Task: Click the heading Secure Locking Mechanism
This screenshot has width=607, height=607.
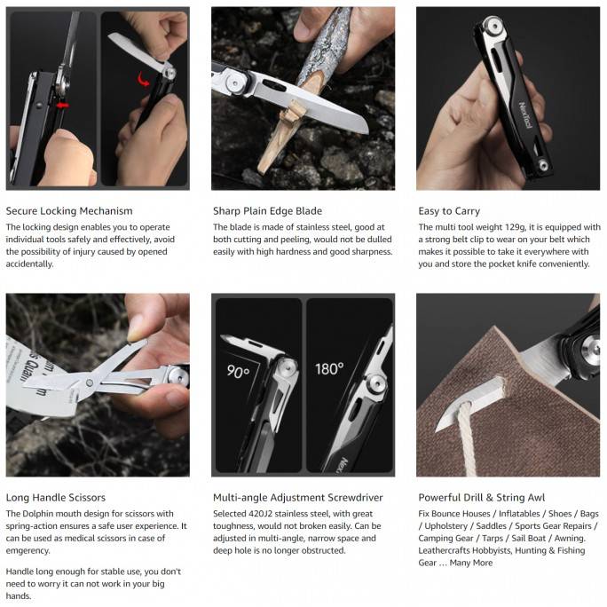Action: pyautogui.click(x=69, y=211)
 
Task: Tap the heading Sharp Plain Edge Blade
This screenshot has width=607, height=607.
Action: pyautogui.click(x=267, y=211)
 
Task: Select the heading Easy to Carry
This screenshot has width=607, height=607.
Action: pyautogui.click(x=449, y=211)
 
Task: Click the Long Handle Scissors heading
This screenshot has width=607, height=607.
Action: pyautogui.click(x=56, y=498)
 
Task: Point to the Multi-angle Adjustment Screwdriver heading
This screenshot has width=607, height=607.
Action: pyautogui.click(x=297, y=498)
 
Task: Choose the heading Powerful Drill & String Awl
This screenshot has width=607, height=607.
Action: pyautogui.click(x=482, y=498)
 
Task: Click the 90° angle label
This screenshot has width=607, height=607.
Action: pyautogui.click(x=238, y=372)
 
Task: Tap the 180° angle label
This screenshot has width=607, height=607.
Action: pyautogui.click(x=329, y=369)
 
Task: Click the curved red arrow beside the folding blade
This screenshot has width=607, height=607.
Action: pyautogui.click(x=144, y=79)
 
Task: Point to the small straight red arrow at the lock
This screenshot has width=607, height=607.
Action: pyautogui.click(x=63, y=105)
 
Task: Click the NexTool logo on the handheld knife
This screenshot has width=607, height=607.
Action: pyautogui.click(x=526, y=115)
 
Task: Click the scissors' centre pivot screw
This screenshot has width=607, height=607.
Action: pyautogui.click(x=90, y=383)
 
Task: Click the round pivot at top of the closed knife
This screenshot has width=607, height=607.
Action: pyautogui.click(x=493, y=26)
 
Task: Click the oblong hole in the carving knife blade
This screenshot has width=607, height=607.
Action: pyautogui.click(x=274, y=85)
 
